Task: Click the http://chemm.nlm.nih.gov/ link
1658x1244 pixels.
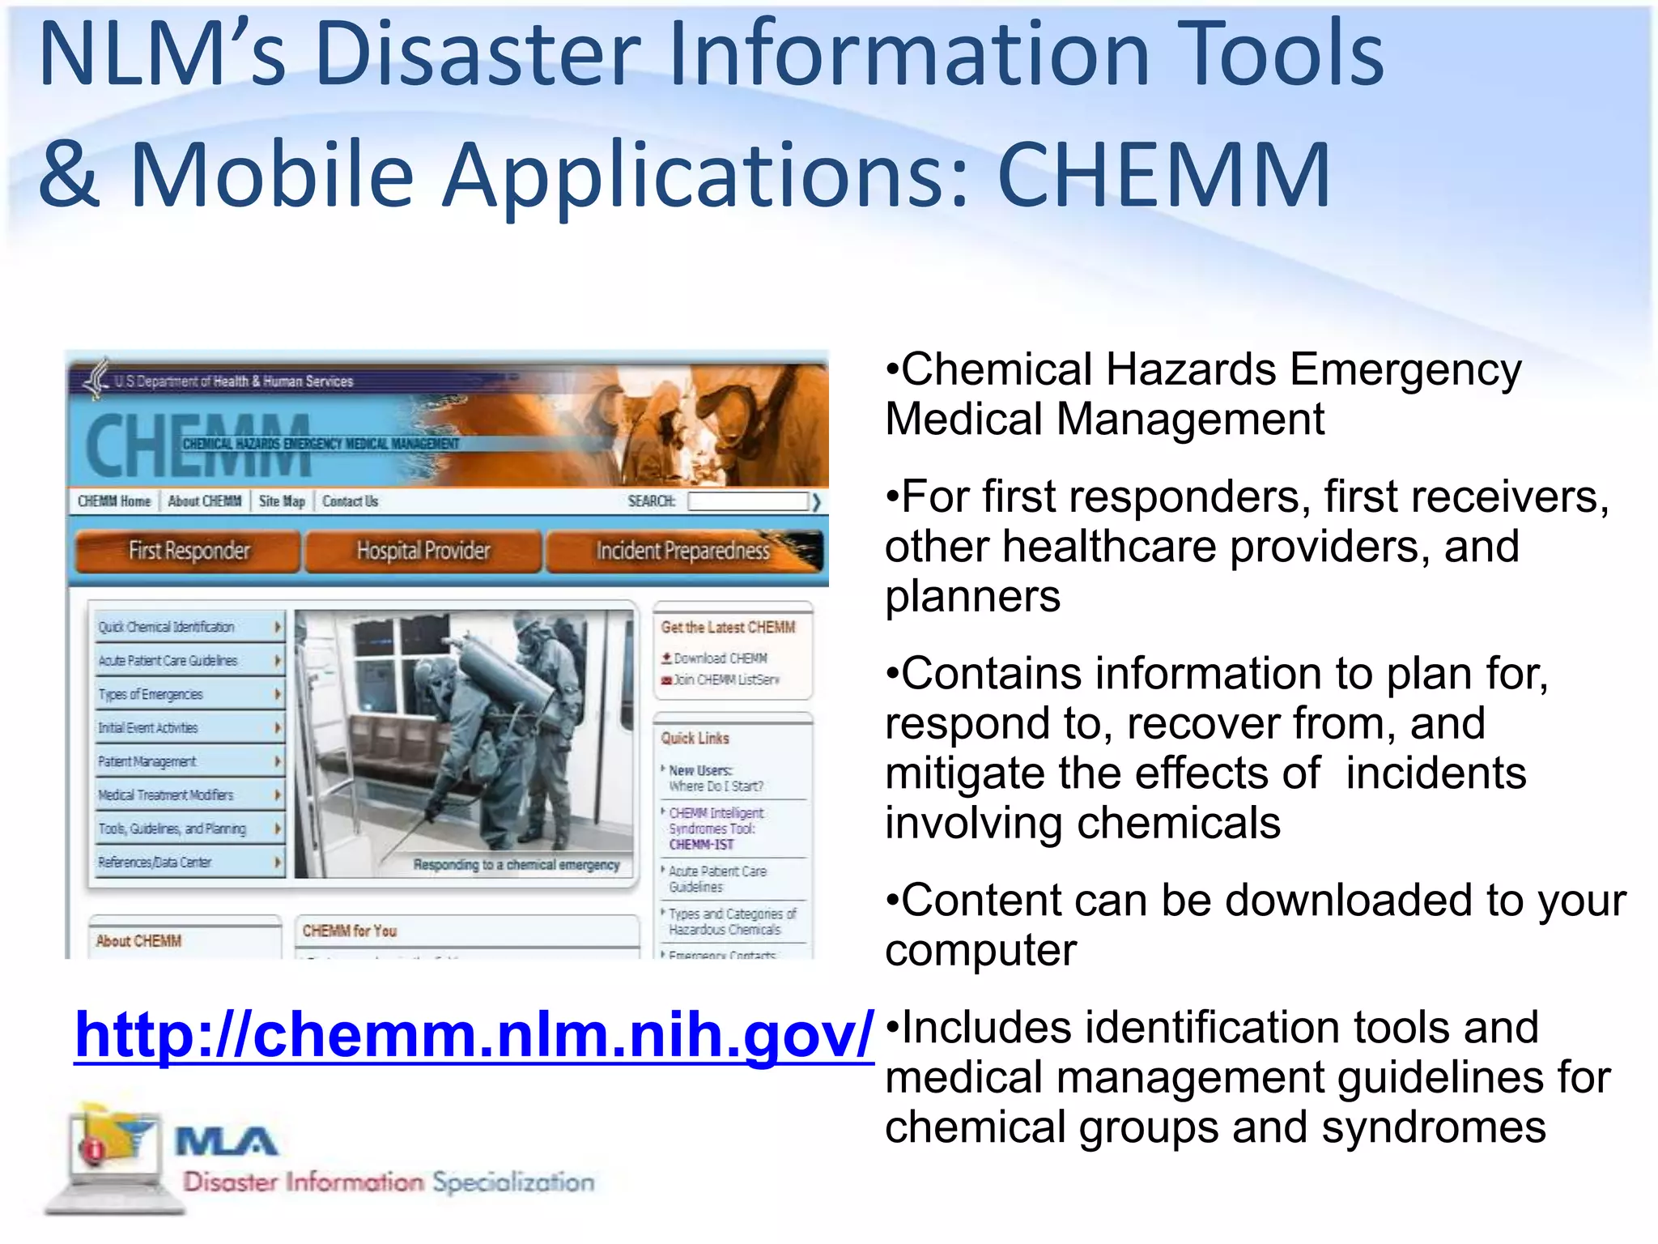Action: (x=474, y=1035)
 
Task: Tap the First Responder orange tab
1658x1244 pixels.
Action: (x=189, y=552)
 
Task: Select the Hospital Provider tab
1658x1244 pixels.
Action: (x=423, y=552)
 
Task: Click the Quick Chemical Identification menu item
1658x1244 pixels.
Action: (x=167, y=627)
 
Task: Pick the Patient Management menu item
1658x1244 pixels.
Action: (x=147, y=761)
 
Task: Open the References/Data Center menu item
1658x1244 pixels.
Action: (x=155, y=863)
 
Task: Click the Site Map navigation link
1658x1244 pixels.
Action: (x=282, y=501)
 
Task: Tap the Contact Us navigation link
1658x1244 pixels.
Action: (x=350, y=501)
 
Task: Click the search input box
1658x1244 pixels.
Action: (x=747, y=501)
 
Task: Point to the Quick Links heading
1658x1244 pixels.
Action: (x=695, y=738)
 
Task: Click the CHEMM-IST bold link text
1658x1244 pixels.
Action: (x=701, y=845)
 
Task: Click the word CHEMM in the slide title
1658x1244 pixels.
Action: (x=1163, y=175)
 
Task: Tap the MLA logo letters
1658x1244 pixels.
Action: (x=227, y=1142)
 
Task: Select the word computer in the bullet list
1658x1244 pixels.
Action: (x=980, y=950)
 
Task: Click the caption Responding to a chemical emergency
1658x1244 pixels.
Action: (x=517, y=865)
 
